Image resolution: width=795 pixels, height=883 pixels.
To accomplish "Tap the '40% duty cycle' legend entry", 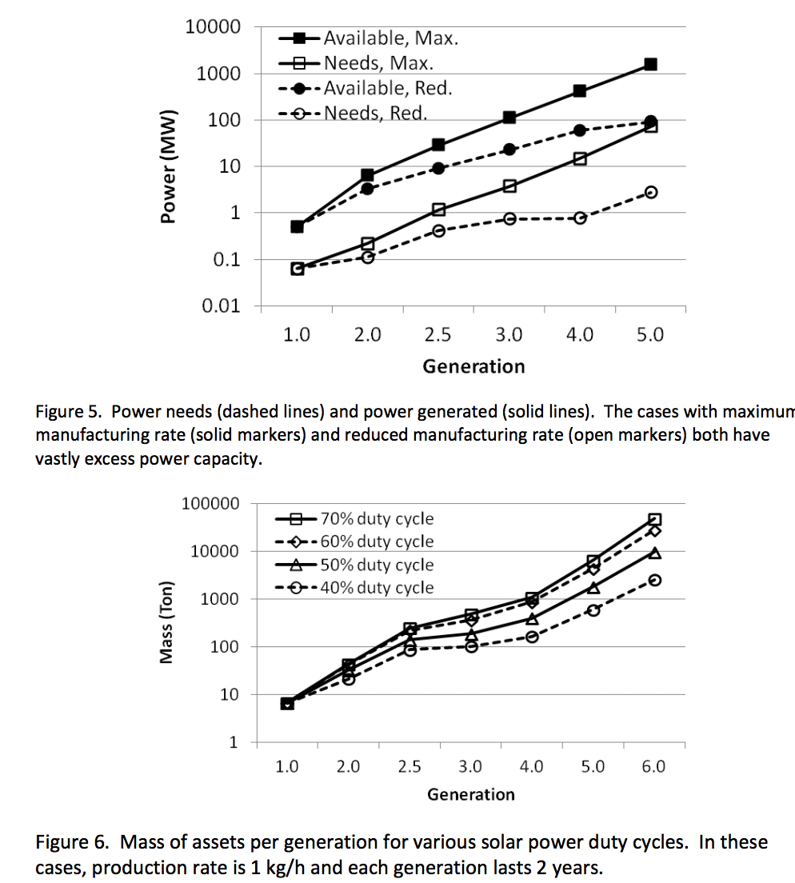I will click(x=377, y=588).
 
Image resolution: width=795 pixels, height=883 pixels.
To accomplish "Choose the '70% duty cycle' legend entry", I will click(x=377, y=518).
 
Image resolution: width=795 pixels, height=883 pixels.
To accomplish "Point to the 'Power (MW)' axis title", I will click(x=167, y=167).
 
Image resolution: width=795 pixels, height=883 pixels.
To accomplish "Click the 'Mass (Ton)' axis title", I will click(x=166, y=621).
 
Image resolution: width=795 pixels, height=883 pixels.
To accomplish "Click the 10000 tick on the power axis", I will click(x=213, y=27).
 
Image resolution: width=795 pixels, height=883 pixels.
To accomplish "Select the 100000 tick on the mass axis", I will click(x=210, y=504).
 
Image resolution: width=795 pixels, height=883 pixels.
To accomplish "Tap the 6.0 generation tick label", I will click(x=653, y=766).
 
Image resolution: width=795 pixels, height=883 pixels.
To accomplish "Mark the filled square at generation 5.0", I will click(x=650, y=64).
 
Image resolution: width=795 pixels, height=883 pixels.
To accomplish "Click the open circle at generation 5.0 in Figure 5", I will click(x=651, y=192).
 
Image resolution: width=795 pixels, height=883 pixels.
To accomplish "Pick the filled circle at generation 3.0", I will click(x=509, y=150).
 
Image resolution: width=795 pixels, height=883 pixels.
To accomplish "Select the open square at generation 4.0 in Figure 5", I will click(x=580, y=158).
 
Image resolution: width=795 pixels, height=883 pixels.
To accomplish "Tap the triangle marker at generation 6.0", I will click(x=654, y=553).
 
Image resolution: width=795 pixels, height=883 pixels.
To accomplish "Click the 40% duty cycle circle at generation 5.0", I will click(x=593, y=610).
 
